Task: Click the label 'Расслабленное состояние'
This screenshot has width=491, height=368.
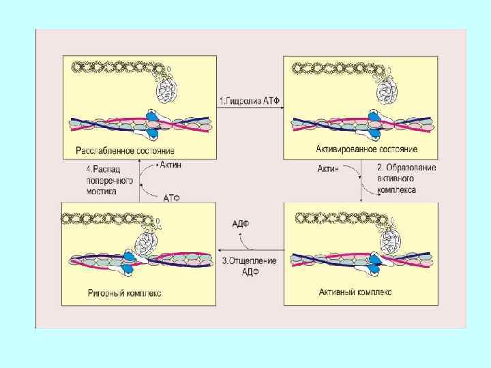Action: (x=124, y=150)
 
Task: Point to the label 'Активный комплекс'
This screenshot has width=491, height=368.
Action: (x=355, y=292)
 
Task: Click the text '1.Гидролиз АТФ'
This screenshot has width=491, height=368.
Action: (x=250, y=102)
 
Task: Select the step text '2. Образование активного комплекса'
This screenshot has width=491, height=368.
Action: (x=406, y=179)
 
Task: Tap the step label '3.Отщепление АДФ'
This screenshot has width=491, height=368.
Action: (x=250, y=265)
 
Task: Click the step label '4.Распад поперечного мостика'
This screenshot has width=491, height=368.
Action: (x=106, y=180)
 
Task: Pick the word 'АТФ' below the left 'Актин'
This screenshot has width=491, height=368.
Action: (x=171, y=198)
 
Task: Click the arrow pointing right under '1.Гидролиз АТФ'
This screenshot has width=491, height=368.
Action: (x=249, y=111)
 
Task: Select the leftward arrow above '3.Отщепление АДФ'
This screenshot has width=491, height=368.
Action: (x=249, y=251)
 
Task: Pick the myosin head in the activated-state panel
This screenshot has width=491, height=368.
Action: (x=387, y=87)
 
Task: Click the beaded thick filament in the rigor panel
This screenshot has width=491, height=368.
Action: (x=102, y=219)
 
